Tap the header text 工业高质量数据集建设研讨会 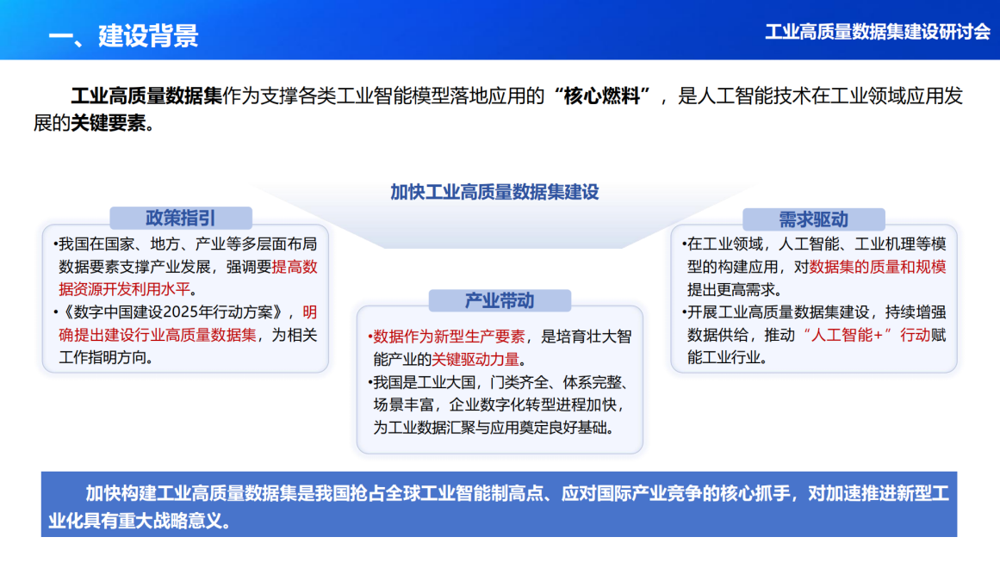point(878,32)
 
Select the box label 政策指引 point(180,218)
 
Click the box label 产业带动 point(500,300)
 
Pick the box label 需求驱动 point(813,219)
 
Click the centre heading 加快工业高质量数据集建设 point(494,192)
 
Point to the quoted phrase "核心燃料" point(603,96)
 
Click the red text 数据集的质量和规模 point(878,267)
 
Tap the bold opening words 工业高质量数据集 point(146,96)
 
